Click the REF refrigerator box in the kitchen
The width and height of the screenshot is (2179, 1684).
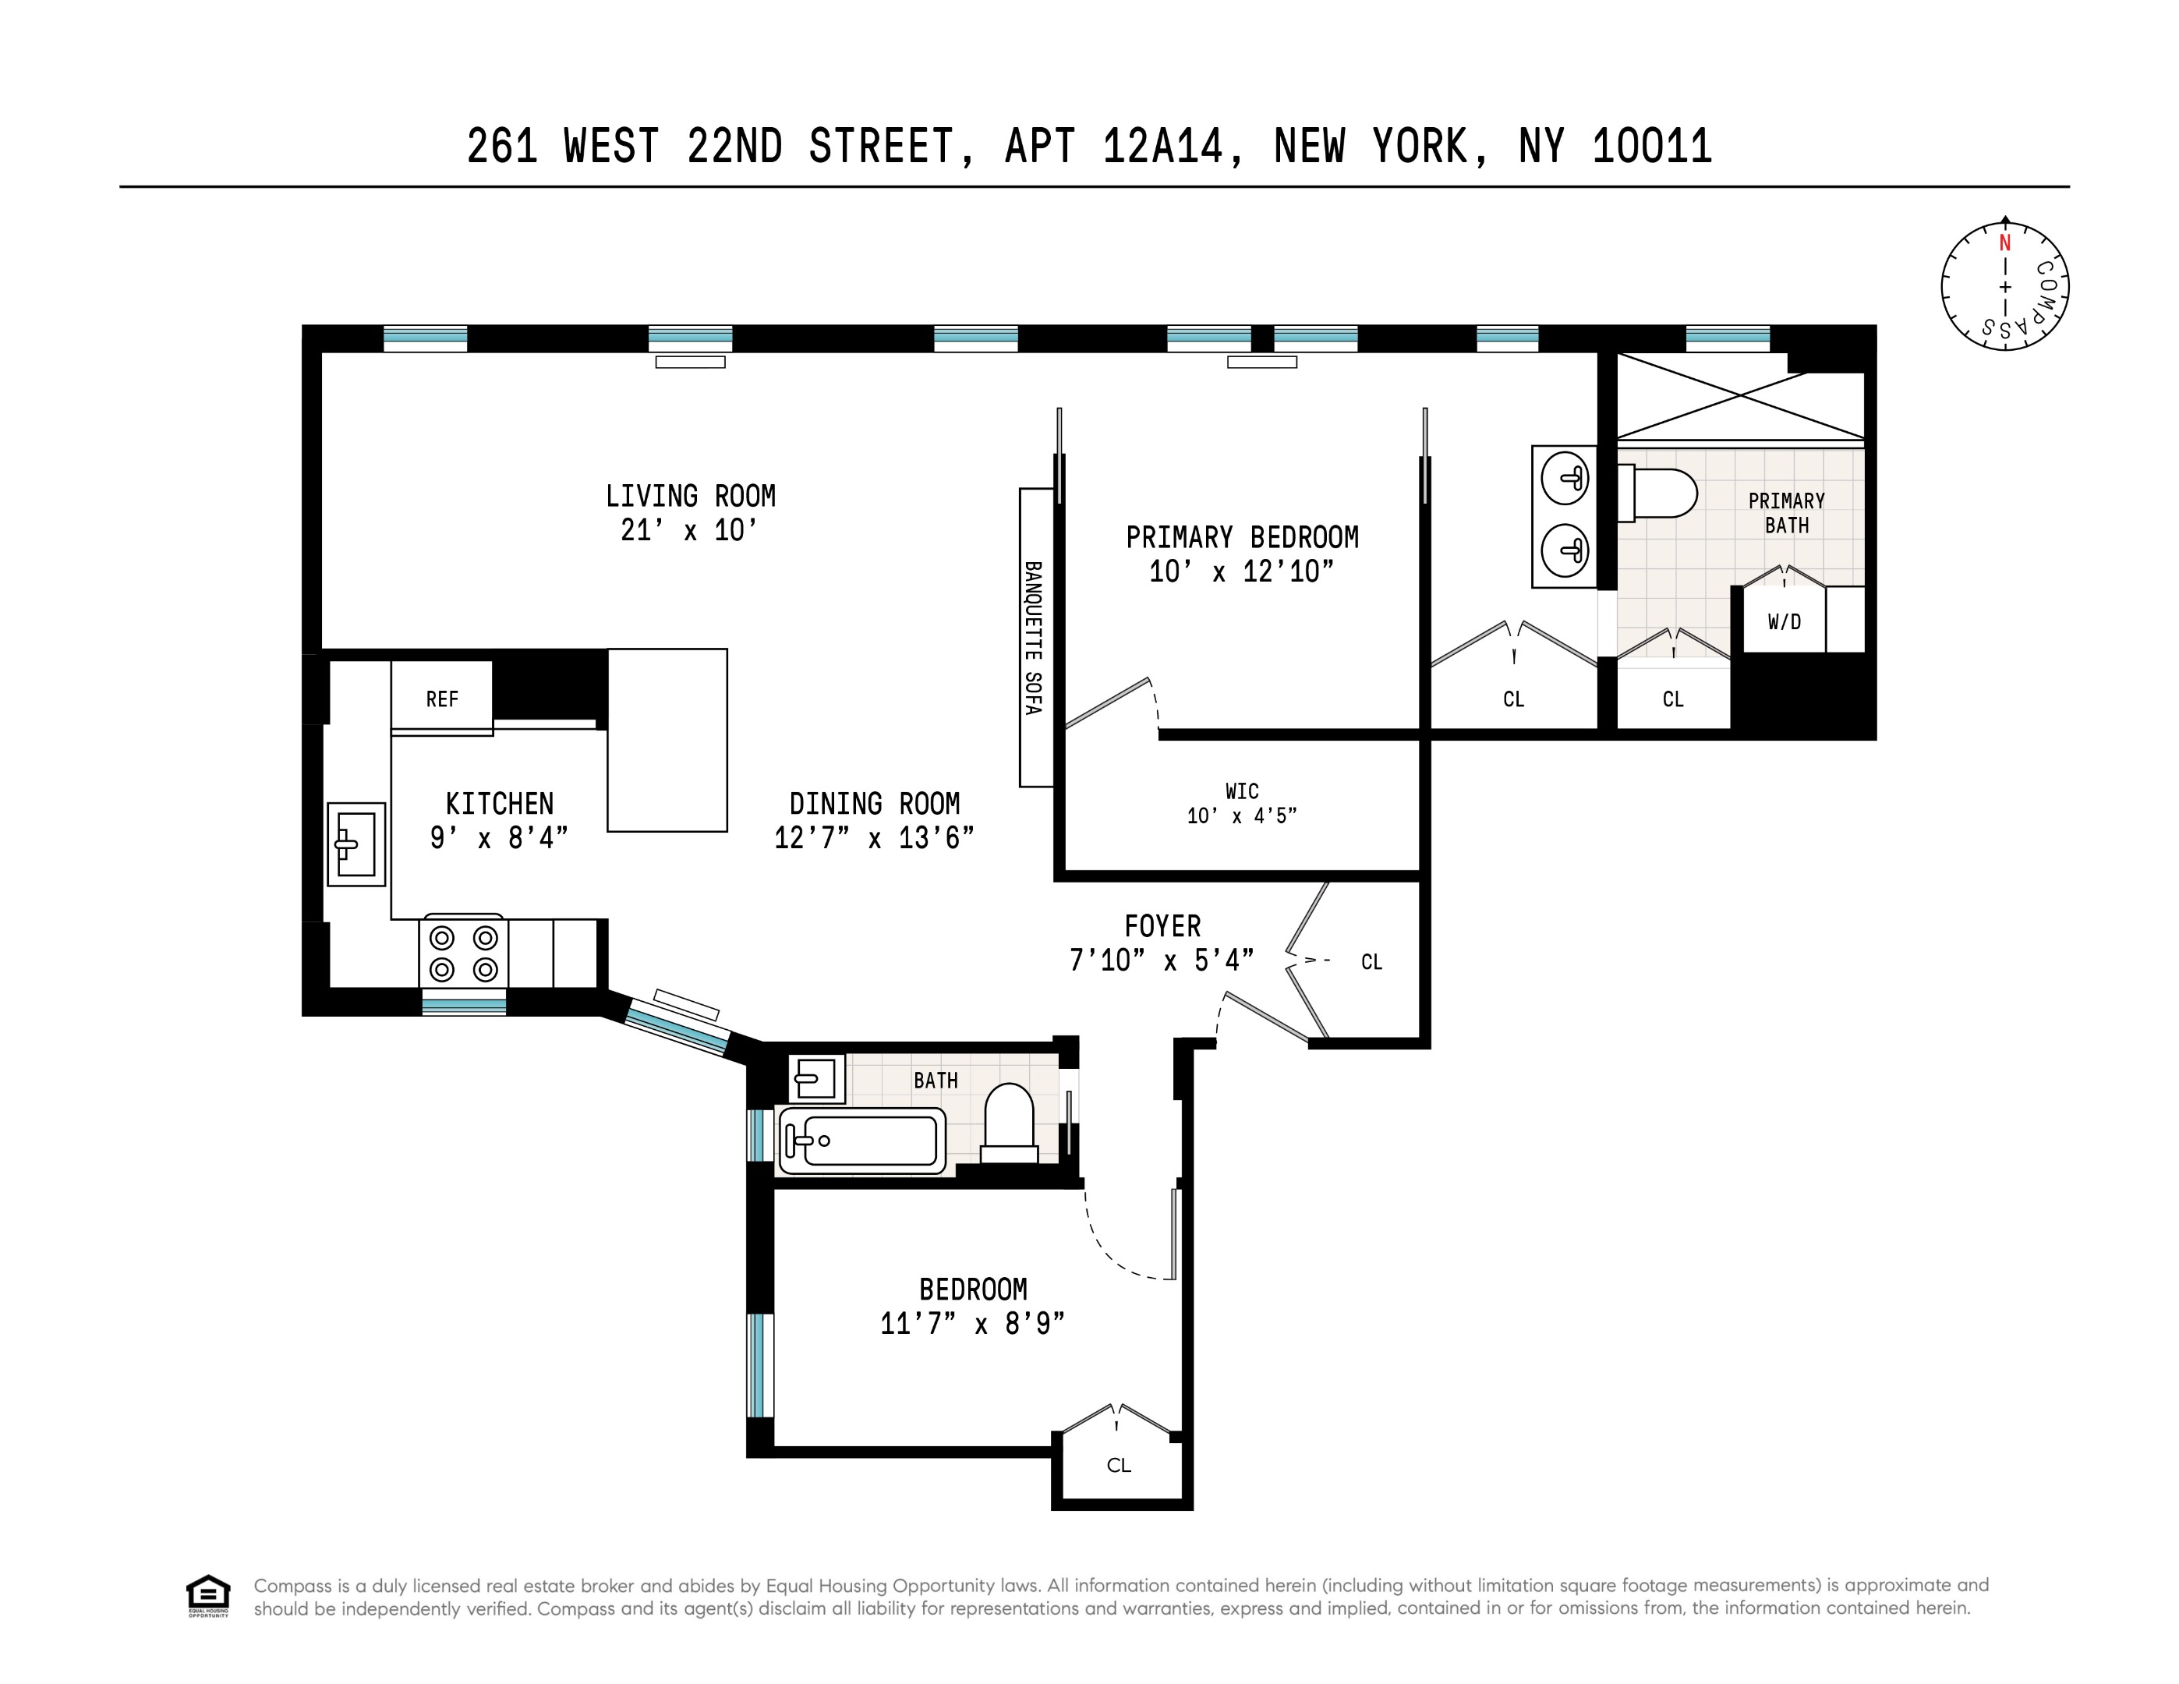tap(442, 699)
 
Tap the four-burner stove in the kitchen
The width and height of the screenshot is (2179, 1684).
tap(464, 953)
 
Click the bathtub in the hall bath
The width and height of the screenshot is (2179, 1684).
tap(861, 1139)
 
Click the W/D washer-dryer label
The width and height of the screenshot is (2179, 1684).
tap(1784, 622)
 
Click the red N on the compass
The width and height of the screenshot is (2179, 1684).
tap(2004, 243)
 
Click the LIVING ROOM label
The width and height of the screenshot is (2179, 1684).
tap(691, 496)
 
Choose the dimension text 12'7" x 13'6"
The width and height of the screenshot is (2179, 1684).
tap(874, 838)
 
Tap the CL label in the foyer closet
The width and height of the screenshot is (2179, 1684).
tap(1372, 962)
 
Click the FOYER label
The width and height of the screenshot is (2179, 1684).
tap(1162, 925)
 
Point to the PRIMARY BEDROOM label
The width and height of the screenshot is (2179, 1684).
tap(1242, 538)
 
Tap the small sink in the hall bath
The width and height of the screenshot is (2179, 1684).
tap(816, 1077)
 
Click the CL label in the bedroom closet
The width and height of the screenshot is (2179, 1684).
tap(1119, 1464)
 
